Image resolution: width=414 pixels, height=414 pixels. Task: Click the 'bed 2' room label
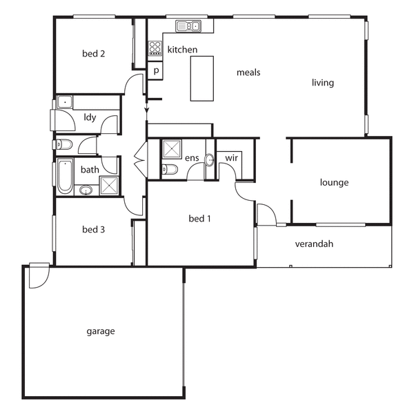pos(93,54)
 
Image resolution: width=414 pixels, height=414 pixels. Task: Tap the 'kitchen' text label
pos(182,50)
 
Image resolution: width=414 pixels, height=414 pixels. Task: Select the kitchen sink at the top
pos(188,27)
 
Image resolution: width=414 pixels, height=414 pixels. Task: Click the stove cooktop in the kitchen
pos(155,48)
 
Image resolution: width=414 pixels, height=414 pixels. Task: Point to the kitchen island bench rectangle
pos(203,78)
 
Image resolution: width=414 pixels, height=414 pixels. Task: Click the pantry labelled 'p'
pos(157,70)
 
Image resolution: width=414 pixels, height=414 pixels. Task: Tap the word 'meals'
pos(248,72)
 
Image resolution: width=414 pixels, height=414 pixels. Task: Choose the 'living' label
pos(322,83)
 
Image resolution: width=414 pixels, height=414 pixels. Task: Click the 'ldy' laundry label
pos(90,117)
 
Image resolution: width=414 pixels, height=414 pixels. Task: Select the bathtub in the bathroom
pos(64,175)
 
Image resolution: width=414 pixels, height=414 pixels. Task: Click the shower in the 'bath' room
pos(109,185)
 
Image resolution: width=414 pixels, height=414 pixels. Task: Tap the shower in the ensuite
pos(170,149)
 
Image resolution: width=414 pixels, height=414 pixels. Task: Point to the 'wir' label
pos(232,158)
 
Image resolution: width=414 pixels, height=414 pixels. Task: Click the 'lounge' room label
pos(335,183)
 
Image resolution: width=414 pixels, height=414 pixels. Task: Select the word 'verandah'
pos(314,244)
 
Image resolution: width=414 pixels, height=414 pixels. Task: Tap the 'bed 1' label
pos(199,219)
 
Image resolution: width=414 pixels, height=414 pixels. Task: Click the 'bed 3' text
pos(93,229)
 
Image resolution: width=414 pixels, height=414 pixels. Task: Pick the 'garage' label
pos(101,331)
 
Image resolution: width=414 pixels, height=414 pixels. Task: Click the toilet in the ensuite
pos(170,170)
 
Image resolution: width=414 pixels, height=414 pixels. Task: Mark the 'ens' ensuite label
pos(192,158)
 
